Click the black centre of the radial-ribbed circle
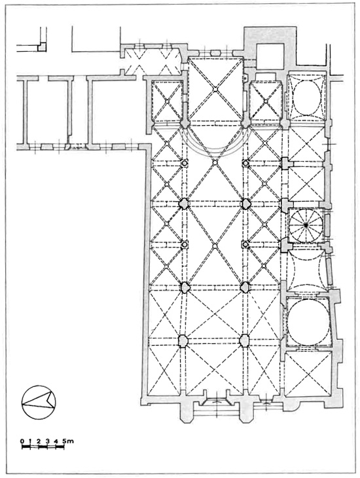coord(306,225)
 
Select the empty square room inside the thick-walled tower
coord(271,56)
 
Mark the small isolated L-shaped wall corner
coord(42,46)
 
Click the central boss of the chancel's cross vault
coord(215,89)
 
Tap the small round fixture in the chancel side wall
coord(244,77)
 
